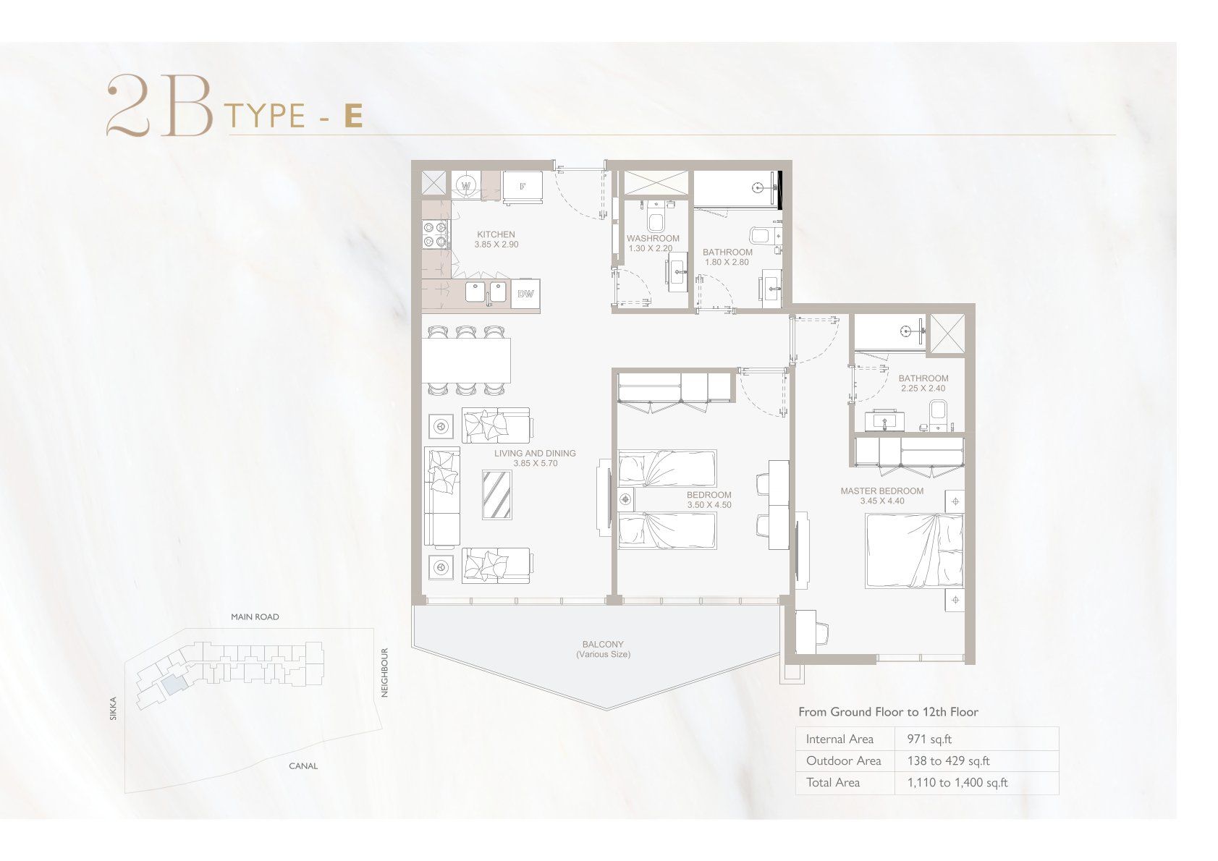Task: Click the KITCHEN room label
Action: click(496, 234)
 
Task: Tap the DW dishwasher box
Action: click(525, 294)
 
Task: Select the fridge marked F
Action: click(522, 187)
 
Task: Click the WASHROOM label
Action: click(653, 238)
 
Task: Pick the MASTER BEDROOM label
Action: click(882, 491)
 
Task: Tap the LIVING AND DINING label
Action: click(535, 454)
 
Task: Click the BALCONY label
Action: click(603, 644)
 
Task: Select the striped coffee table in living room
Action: click(496, 495)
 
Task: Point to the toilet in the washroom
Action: click(655, 218)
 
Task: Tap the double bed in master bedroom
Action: click(915, 551)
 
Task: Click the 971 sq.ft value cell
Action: click(929, 739)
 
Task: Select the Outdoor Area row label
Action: click(843, 761)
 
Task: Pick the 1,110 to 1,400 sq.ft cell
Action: click(957, 783)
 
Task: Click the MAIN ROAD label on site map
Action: click(255, 617)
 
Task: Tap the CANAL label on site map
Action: click(303, 766)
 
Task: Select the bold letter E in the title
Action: click(353, 116)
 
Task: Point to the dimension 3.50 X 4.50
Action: click(709, 505)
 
